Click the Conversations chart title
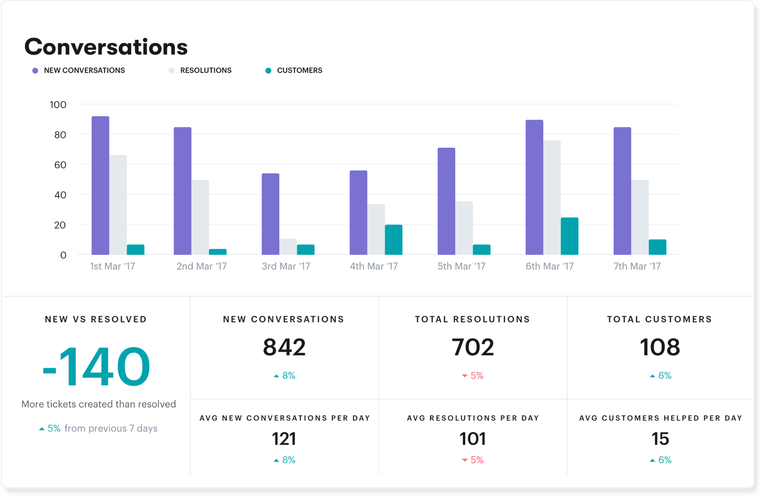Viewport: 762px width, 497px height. [x=106, y=47]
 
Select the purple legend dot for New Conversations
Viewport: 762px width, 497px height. [x=35, y=71]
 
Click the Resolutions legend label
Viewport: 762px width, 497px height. [x=206, y=70]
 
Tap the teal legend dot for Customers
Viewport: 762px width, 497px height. [x=268, y=71]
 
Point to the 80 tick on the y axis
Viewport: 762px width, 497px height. [x=60, y=135]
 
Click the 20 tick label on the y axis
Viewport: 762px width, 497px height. [x=60, y=225]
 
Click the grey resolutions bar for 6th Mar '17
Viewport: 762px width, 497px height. [x=552, y=198]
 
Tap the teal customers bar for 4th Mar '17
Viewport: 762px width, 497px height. [x=393, y=240]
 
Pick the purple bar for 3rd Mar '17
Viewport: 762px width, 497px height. [x=271, y=214]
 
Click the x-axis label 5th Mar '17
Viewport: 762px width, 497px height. [x=461, y=266]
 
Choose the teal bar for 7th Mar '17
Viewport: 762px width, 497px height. [x=658, y=247]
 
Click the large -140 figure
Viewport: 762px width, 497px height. [x=96, y=367]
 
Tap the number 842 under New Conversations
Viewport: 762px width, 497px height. [x=284, y=347]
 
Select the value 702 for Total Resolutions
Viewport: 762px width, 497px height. [x=473, y=347]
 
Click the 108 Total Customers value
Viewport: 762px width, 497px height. [x=660, y=347]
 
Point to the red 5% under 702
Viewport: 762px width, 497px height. [x=473, y=376]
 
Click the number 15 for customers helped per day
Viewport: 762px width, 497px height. [x=660, y=439]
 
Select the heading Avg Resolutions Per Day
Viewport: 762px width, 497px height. [x=473, y=418]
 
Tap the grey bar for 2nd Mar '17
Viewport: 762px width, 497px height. [x=200, y=217]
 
